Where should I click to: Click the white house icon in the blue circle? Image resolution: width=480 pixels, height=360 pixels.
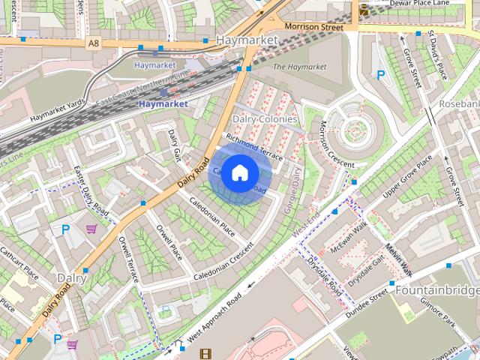click(239, 173)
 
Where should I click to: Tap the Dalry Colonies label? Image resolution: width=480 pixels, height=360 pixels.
click(265, 119)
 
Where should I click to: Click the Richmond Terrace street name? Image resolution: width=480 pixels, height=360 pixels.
click(253, 147)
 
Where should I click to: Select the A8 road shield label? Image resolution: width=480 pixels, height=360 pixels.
click(93, 43)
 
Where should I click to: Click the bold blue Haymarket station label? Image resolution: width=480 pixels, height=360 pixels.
click(163, 103)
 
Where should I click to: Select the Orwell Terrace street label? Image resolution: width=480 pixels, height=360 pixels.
click(128, 258)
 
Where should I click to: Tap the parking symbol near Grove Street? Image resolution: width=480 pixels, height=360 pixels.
click(381, 75)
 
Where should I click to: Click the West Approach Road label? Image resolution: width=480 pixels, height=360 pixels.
click(218, 316)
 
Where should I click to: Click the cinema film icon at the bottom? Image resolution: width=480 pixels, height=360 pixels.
click(205, 353)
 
